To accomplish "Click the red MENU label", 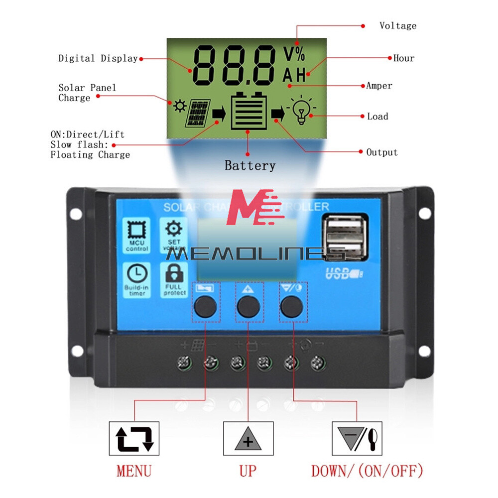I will click(x=134, y=470).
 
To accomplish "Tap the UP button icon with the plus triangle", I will click(x=248, y=439).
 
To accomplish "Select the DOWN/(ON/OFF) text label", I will click(x=367, y=470).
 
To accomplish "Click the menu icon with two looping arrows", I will click(x=134, y=439).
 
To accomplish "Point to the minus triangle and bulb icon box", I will click(x=357, y=439).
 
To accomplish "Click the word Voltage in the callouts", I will click(x=397, y=25).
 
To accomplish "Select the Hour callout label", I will click(x=404, y=58).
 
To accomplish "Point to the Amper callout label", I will click(x=379, y=86).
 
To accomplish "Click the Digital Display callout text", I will click(x=98, y=58).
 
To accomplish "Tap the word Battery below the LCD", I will click(x=249, y=165).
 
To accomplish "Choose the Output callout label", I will click(x=382, y=152).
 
